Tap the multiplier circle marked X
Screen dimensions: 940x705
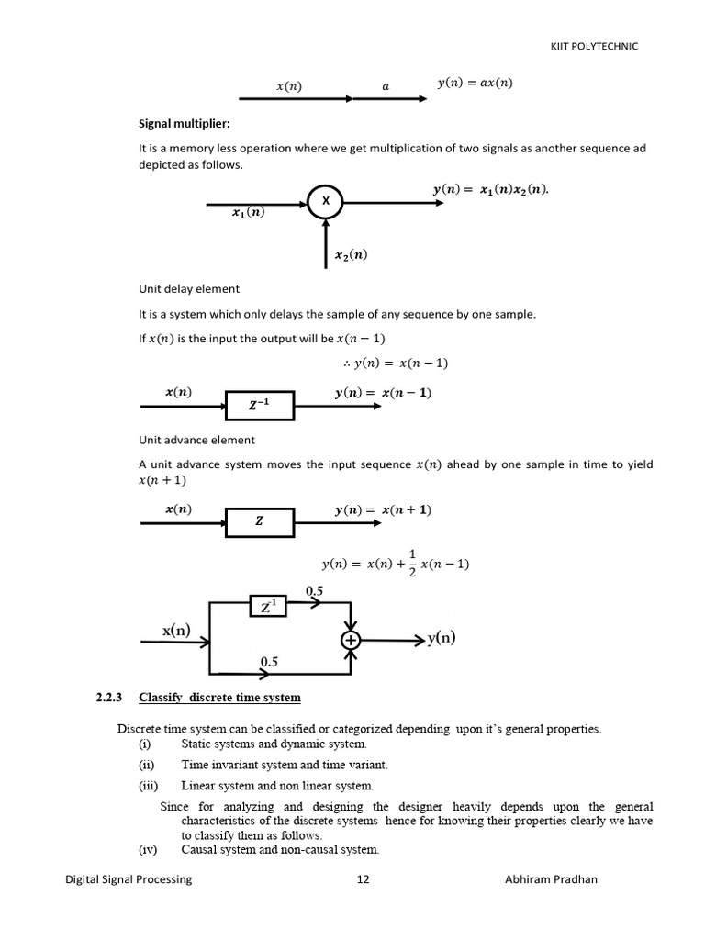(325, 200)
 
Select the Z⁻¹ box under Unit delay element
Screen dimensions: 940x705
(260, 404)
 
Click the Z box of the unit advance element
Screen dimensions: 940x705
(260, 520)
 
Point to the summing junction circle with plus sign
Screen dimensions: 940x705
(351, 640)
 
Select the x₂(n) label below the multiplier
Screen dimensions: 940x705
(350, 256)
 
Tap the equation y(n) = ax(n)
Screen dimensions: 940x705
(475, 84)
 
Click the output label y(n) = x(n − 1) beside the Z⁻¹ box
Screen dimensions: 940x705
(383, 393)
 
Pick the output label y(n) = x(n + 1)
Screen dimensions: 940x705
(383, 509)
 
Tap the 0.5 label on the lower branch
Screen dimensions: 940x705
(270, 661)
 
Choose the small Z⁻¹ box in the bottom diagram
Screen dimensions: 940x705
(268, 606)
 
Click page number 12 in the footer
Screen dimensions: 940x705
(363, 879)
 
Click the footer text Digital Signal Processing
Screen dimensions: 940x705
(129, 879)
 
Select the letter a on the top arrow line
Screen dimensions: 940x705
(386, 85)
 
